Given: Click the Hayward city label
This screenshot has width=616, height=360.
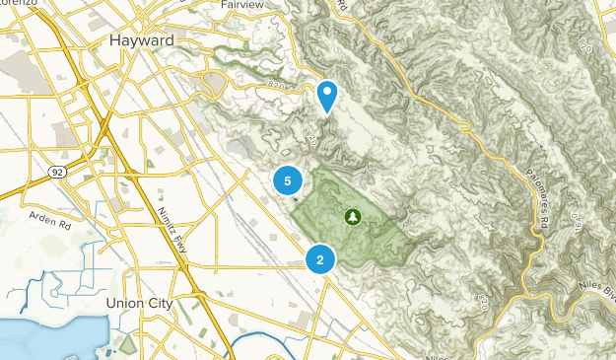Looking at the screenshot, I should click(138, 40).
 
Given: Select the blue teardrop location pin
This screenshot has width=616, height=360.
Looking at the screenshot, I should click(327, 96).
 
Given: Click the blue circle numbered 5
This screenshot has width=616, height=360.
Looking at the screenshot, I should click(288, 180).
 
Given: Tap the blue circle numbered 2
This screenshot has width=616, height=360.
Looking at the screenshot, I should click(320, 259).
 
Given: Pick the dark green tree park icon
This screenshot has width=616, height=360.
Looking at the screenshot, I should click(352, 216).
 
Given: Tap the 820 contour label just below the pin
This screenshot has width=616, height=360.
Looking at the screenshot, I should click(314, 134).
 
